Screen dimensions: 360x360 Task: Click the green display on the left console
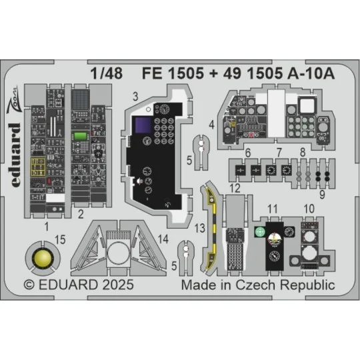[81, 137]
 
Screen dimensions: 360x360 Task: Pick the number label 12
[234, 189]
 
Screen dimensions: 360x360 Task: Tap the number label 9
[322, 195]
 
